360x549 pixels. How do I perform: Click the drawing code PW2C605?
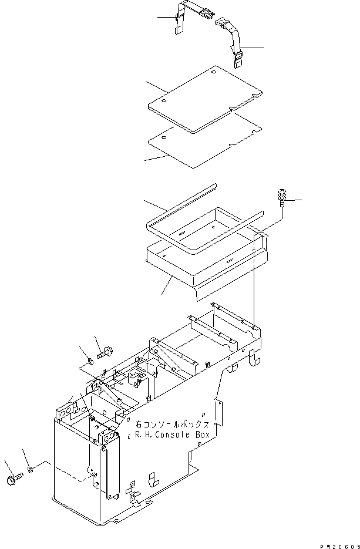[x=337, y=544]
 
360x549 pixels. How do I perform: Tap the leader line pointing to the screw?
[x=295, y=201]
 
